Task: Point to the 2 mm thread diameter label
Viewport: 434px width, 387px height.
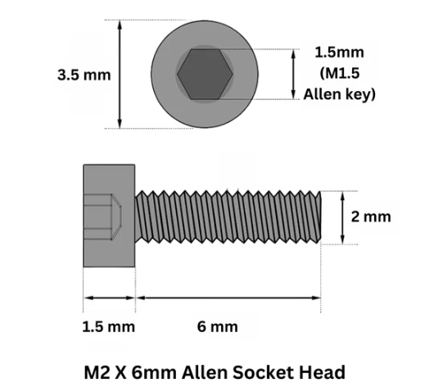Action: click(371, 216)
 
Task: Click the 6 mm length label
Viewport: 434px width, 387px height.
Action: click(218, 327)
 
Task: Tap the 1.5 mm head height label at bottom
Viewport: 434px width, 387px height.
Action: click(108, 327)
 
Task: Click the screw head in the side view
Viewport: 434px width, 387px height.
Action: click(108, 216)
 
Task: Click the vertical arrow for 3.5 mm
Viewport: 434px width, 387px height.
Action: click(121, 75)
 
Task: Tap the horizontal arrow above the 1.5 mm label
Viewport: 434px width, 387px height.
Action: click(109, 297)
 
